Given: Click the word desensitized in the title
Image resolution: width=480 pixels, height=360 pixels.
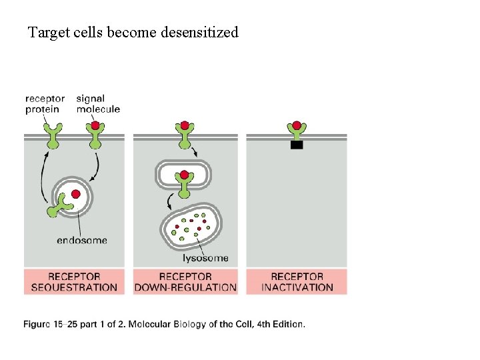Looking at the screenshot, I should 199,32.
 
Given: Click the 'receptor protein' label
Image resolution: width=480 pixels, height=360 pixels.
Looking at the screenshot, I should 45,104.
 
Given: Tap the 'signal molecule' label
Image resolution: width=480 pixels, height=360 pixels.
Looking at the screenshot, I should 97,104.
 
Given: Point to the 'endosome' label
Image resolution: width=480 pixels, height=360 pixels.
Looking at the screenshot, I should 82,240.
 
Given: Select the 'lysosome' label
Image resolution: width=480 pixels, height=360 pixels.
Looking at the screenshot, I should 205,257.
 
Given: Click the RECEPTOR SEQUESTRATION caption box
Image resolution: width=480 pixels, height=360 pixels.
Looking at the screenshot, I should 74,282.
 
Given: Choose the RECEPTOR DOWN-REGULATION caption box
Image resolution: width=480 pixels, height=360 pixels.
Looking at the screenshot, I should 185,282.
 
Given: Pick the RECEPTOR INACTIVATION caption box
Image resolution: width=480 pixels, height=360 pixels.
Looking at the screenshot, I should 297,282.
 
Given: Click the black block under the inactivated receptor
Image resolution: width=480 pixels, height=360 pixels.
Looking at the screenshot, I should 297,145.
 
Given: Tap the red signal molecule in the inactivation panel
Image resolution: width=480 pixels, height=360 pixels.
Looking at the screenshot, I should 297,125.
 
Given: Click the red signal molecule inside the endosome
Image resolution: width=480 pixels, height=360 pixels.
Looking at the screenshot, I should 76,194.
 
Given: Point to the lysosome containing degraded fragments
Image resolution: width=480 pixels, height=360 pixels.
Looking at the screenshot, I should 192,225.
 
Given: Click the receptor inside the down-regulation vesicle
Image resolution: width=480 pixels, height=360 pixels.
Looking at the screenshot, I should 183,179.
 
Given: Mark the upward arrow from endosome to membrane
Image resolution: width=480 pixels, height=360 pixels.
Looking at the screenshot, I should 43,177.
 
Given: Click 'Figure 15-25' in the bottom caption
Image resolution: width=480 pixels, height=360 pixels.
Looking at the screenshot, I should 51,325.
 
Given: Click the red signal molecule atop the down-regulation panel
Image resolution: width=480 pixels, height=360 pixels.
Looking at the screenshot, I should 183,125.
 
